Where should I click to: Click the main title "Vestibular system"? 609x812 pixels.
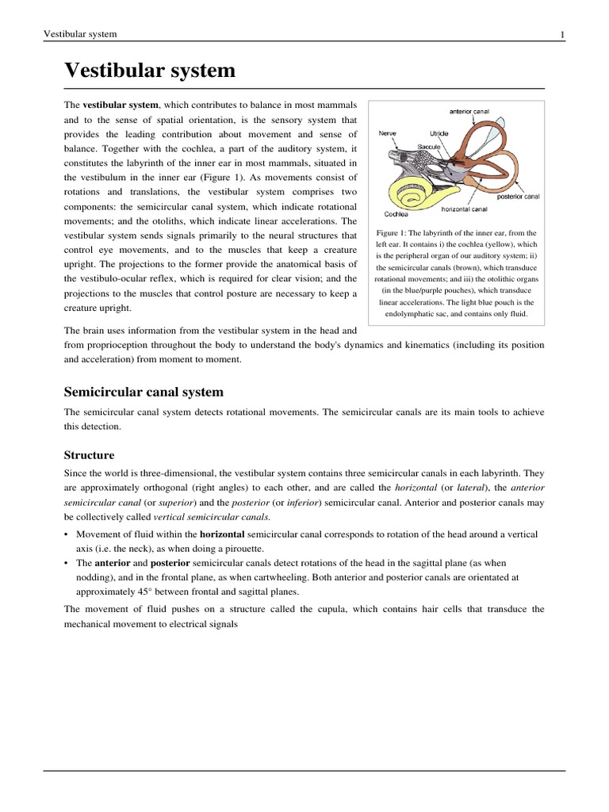tap(150, 71)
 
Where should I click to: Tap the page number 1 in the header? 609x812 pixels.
tap(561, 34)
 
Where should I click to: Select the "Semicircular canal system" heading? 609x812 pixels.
tap(144, 392)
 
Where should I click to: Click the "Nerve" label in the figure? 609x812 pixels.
tap(388, 134)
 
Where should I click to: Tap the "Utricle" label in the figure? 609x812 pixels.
tap(439, 134)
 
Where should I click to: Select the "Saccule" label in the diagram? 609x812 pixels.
tap(430, 147)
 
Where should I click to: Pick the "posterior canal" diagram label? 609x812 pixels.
tap(518, 196)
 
